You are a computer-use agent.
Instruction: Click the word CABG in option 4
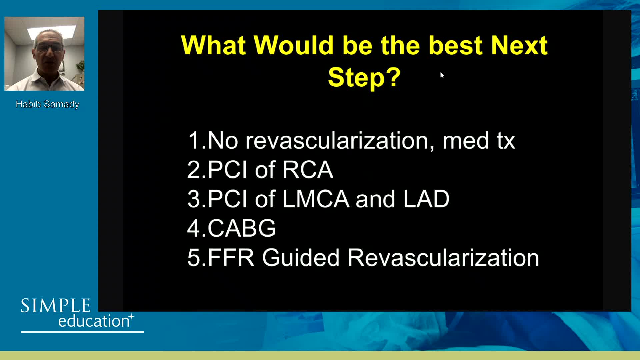242,228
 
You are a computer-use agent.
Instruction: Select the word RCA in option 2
307,170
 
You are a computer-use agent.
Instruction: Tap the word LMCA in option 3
316,199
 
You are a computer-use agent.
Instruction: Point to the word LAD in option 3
426,199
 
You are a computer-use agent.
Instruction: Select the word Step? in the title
364,77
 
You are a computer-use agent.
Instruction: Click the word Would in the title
293,45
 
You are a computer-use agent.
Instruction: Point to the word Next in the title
519,45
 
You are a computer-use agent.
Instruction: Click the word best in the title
455,45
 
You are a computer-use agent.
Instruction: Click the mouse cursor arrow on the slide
442,75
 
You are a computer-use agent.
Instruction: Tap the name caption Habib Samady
47,104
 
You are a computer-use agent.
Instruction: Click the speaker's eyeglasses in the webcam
50,48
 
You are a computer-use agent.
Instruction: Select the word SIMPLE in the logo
56,306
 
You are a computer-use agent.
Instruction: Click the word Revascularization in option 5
443,258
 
